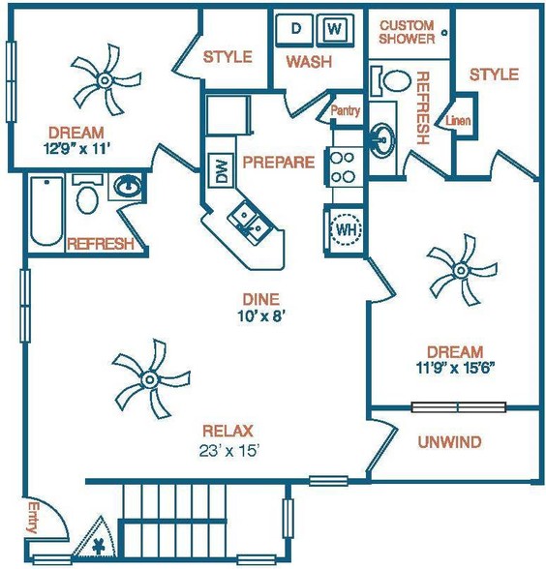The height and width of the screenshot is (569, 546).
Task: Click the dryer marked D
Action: (x=294, y=30)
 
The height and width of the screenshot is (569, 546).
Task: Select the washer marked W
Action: (x=335, y=30)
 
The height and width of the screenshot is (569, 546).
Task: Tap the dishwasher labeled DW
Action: (x=221, y=170)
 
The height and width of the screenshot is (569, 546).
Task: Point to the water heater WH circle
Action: (x=346, y=229)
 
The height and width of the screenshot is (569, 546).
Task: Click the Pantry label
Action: (x=346, y=110)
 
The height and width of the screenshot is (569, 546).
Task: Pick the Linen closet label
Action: (x=458, y=120)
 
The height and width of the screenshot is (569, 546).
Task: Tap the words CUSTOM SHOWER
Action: (x=407, y=32)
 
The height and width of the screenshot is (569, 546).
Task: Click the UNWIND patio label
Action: (x=449, y=441)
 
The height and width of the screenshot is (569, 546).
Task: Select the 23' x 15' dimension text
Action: (x=228, y=451)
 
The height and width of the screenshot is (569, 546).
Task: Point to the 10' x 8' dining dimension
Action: (x=259, y=316)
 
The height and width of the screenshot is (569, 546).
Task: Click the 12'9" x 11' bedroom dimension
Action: (x=76, y=148)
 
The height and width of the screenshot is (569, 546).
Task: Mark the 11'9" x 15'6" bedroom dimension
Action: (x=456, y=369)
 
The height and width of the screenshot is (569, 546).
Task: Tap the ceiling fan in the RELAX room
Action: (x=149, y=379)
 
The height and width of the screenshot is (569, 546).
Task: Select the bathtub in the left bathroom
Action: (x=46, y=211)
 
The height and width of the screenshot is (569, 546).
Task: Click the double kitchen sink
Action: (x=250, y=223)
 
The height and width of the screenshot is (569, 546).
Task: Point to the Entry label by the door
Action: (x=33, y=517)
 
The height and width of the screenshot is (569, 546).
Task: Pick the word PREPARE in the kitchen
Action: (x=279, y=163)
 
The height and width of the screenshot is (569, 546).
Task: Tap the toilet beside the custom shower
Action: (x=390, y=80)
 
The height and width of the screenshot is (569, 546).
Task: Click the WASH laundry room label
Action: (x=309, y=62)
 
